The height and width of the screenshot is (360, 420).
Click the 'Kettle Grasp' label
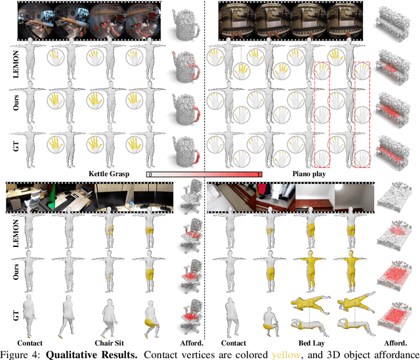[109, 174]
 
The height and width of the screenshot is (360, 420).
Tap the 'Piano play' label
[309, 174]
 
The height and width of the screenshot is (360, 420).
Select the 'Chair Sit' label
[110, 343]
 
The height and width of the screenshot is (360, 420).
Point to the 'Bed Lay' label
[312, 343]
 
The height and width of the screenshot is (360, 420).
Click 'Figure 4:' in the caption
[22, 354]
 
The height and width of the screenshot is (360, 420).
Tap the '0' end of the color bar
[150, 175]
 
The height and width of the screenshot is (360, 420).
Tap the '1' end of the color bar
[259, 175]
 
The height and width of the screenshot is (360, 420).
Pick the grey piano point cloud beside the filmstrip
[392, 24]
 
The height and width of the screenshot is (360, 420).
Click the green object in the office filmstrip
[52, 197]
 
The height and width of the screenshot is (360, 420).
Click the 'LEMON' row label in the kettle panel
[16, 64]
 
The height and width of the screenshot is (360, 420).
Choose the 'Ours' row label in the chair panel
[16, 272]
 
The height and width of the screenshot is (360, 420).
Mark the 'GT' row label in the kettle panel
[16, 146]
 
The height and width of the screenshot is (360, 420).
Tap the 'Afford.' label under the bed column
[396, 343]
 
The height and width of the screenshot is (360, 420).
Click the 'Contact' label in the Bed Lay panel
[234, 343]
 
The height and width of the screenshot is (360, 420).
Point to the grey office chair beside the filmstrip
[191, 196]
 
